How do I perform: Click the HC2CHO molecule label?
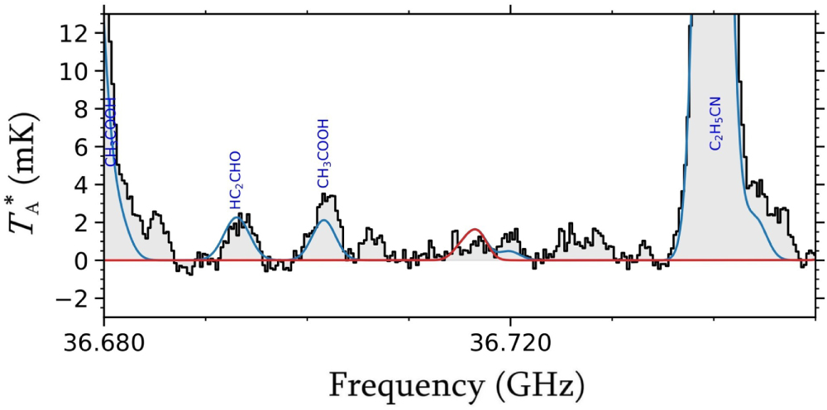click(236, 179)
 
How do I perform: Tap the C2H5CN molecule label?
click(715, 122)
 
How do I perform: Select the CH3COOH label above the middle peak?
click(324, 153)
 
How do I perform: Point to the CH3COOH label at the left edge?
click(111, 132)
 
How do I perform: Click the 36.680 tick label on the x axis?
click(104, 341)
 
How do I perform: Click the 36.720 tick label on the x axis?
click(511, 341)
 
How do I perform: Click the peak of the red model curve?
click(475, 230)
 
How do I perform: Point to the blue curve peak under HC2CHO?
click(237, 218)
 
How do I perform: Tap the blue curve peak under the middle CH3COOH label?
click(325, 221)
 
